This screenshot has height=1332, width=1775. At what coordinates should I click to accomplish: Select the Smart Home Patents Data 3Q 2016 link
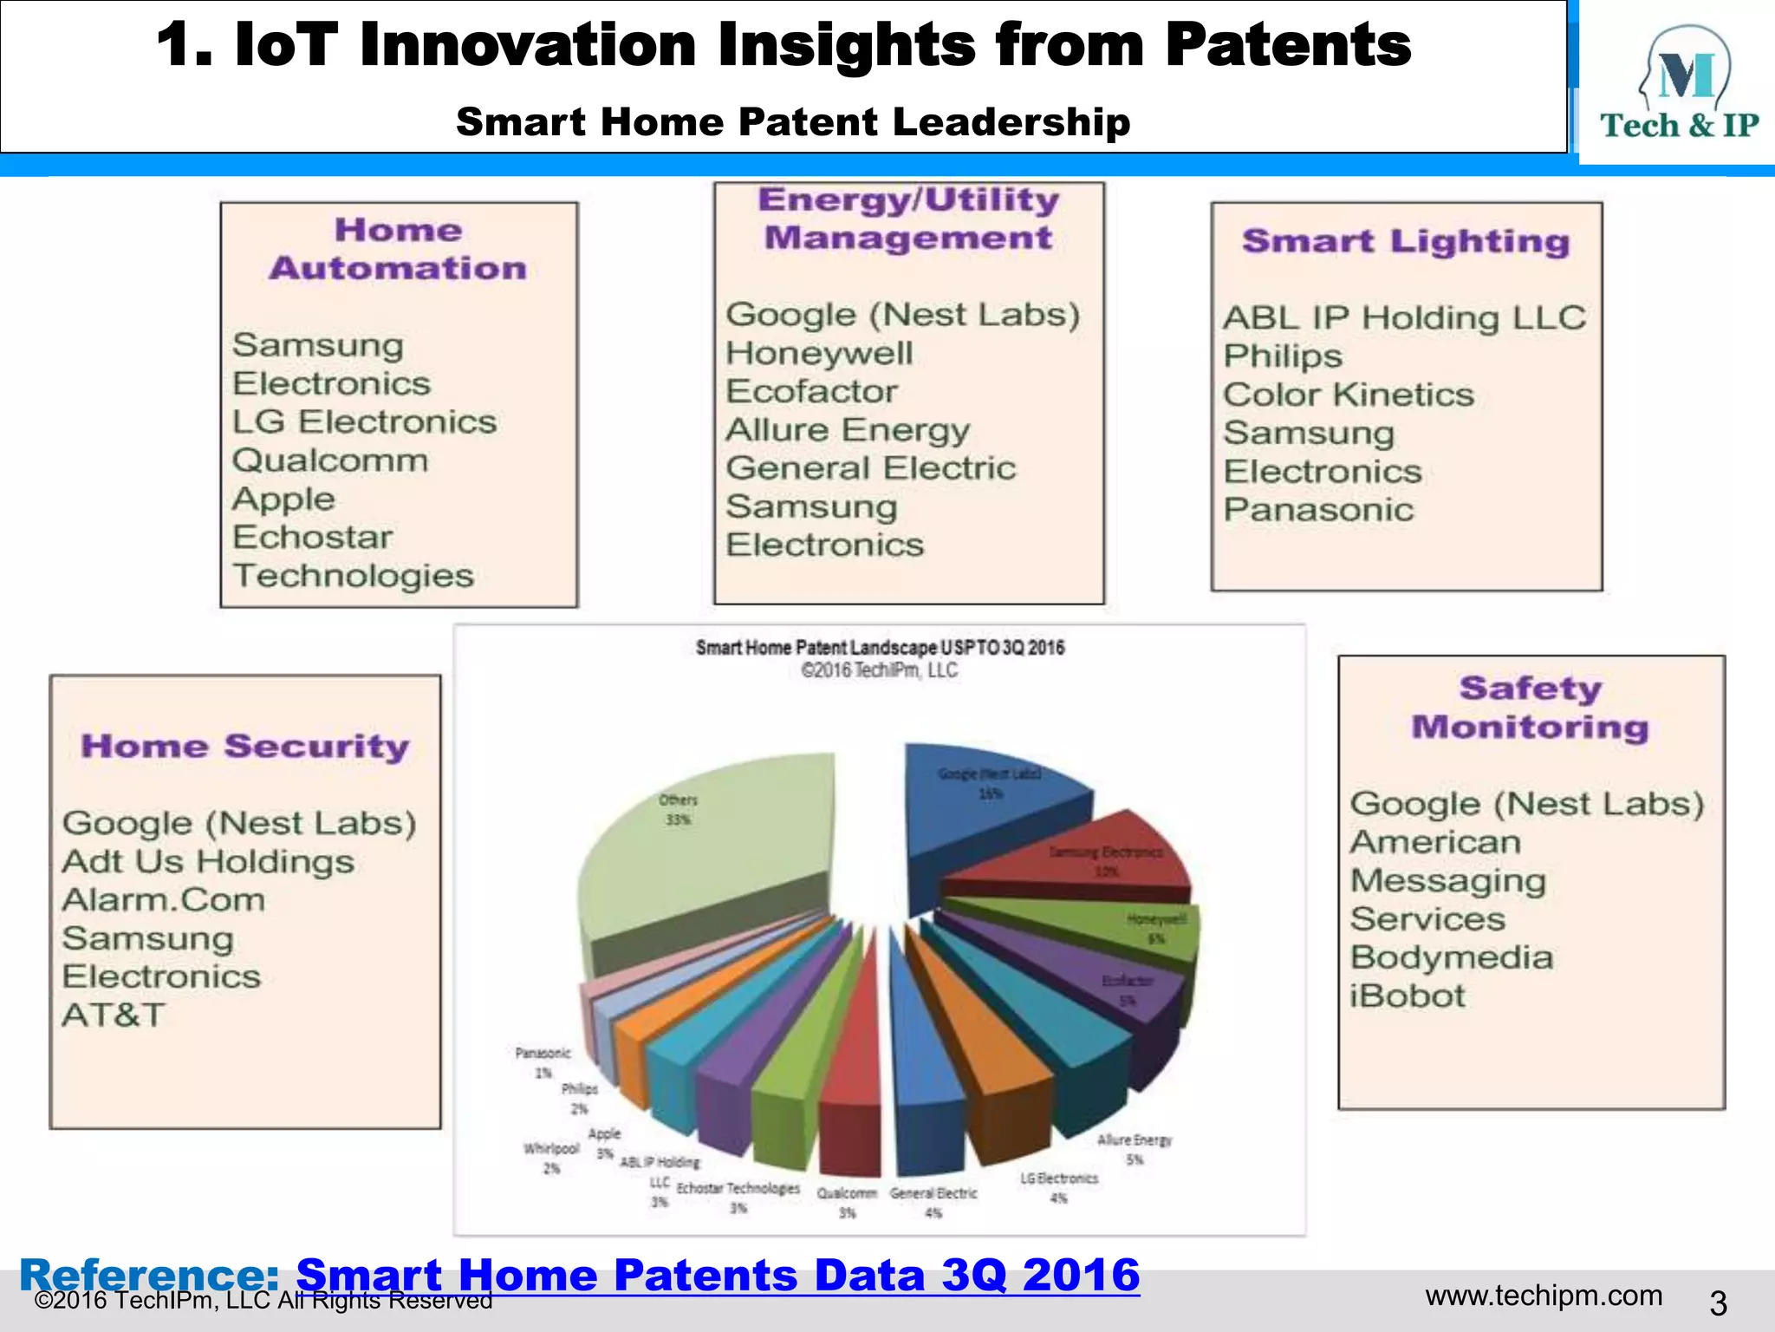[718, 1275]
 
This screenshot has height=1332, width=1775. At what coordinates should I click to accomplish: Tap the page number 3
[1718, 1303]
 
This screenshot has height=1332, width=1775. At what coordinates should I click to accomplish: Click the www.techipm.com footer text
[1544, 1296]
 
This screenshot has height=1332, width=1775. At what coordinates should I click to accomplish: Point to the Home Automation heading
[398, 249]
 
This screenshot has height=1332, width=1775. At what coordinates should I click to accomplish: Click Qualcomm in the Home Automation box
[330, 460]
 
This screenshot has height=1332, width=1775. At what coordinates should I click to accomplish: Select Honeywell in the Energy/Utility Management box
[819, 353]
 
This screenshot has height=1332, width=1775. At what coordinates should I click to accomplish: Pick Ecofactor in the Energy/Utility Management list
[811, 391]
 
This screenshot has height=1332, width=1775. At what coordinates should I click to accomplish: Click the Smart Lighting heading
[1405, 241]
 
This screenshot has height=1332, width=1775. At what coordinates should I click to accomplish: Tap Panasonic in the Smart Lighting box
[1318, 510]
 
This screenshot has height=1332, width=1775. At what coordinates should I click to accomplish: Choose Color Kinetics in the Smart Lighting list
[1348, 395]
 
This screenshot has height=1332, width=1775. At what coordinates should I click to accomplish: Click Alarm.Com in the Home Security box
[164, 900]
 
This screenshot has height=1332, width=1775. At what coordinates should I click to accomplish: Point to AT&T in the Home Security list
[114, 1015]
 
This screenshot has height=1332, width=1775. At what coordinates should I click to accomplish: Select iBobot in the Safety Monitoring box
[1407, 996]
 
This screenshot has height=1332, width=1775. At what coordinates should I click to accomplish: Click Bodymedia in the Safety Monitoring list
[1452, 957]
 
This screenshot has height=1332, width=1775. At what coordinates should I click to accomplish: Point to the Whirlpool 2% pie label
[551, 1158]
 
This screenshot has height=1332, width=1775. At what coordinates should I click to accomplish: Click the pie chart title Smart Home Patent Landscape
[880, 648]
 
